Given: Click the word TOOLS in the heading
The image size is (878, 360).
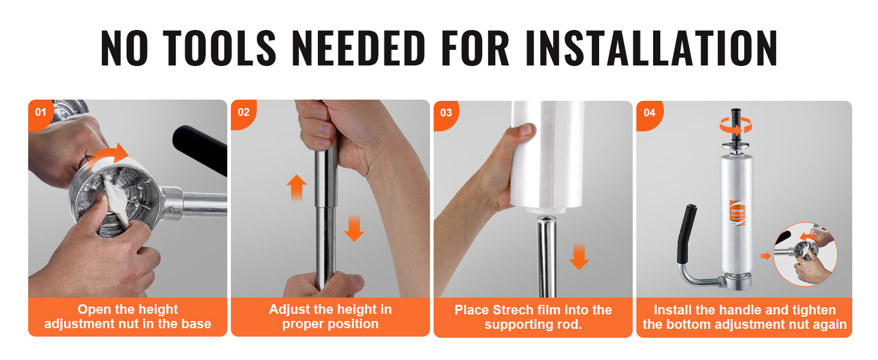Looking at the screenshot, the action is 220,48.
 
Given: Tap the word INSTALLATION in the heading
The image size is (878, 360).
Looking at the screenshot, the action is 651,48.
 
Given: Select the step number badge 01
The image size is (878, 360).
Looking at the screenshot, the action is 41,113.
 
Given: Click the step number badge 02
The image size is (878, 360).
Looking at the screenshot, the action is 243,113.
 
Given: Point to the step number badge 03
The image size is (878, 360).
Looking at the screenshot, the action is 446,113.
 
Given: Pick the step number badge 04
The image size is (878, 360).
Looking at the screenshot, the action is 649,113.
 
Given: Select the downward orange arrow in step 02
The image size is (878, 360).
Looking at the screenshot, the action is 354,228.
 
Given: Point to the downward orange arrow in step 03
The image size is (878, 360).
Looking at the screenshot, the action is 579,256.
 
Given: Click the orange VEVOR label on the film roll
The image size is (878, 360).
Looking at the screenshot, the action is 737,212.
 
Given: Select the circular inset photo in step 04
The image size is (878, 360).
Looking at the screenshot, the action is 805,254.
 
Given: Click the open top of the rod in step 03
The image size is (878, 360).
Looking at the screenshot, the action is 547,219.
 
